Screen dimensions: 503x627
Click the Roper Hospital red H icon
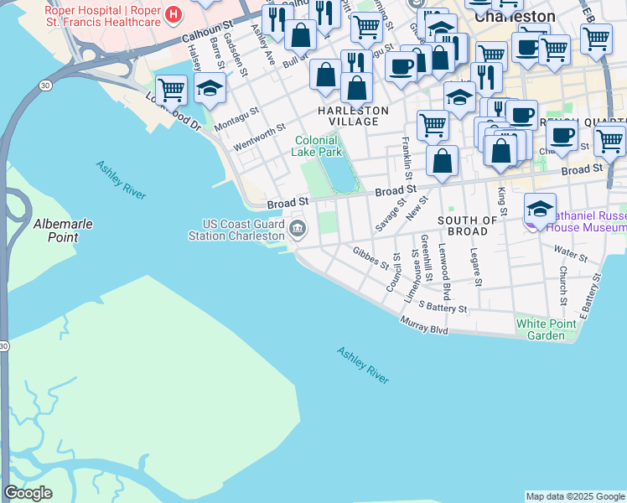tap(173, 13)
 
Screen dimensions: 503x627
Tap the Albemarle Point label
tap(63, 231)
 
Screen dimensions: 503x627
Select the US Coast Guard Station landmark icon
tap(298, 228)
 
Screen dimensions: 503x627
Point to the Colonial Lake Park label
tap(317, 147)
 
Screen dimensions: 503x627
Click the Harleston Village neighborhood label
tap(353, 116)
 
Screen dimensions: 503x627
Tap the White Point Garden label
tap(541, 329)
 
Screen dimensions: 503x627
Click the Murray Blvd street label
tap(424, 325)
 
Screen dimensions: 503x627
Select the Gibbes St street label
tap(370, 257)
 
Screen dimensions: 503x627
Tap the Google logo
tap(28, 493)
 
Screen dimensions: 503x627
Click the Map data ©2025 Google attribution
tap(575, 496)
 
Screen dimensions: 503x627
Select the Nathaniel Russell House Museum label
tap(586, 220)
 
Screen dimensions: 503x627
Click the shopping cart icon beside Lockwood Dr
tap(171, 88)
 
